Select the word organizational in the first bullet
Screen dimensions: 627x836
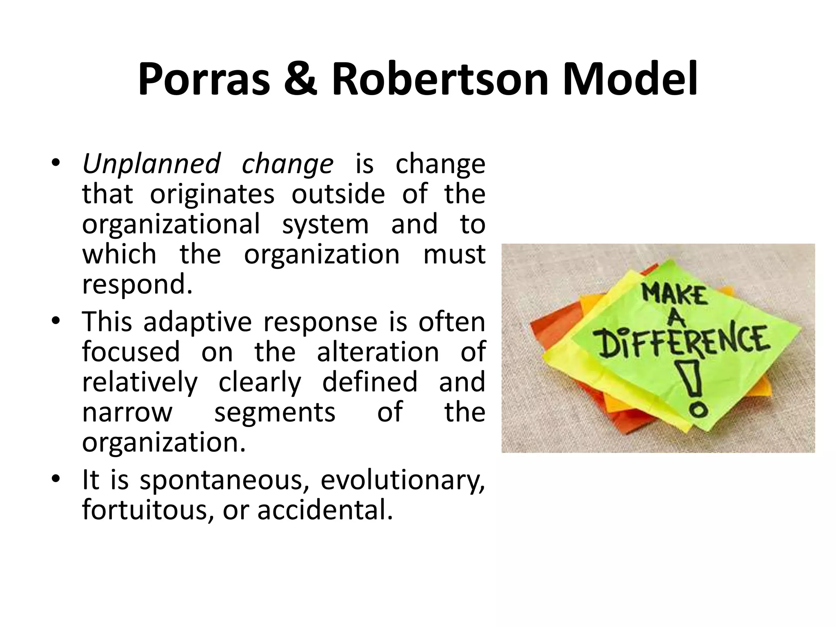171,224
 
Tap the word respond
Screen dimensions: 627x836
137,285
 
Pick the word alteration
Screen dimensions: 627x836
378,352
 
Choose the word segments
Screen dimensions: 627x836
275,412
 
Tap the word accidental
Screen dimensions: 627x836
325,510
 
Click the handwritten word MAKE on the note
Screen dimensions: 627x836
674,295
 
